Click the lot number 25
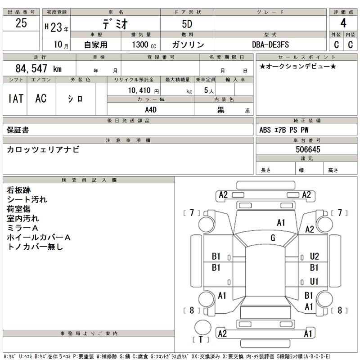pyautogui.click(x=21, y=24)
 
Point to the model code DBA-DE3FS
pyautogui.click(x=270, y=45)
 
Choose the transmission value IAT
pyautogui.click(x=15, y=99)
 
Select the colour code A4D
pyautogui.click(x=151, y=109)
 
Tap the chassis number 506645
pyautogui.click(x=308, y=149)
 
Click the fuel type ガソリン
pyautogui.click(x=188, y=45)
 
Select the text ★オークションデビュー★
pyautogui.click(x=297, y=67)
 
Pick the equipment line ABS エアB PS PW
pyautogui.click(x=284, y=130)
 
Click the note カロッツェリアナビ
pyautogui.click(x=43, y=150)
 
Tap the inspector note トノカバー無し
pyautogui.click(x=35, y=247)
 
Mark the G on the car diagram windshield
pyautogui.click(x=273, y=238)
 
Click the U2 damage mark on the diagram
pyautogui.click(x=314, y=256)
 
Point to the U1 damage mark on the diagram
pyautogui.click(x=314, y=281)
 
